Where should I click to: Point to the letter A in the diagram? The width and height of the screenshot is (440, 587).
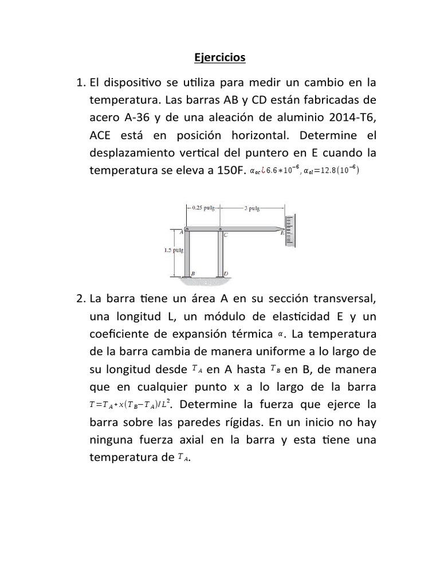tap(181, 232)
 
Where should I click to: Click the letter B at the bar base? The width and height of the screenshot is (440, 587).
tap(193, 274)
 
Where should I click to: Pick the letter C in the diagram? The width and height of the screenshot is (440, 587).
tap(226, 235)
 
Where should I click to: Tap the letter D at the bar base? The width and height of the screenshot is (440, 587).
tap(226, 274)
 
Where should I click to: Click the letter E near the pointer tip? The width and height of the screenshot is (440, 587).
tap(281, 233)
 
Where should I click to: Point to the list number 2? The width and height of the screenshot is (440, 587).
tap(80, 299)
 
